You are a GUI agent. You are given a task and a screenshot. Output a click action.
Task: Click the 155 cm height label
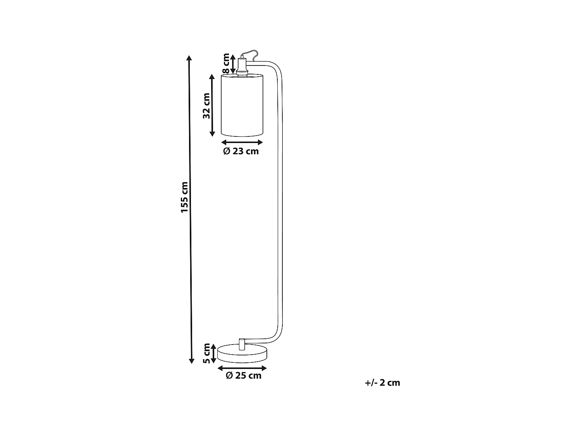click(x=184, y=197)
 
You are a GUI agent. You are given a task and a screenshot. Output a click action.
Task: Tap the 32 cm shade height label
click(x=206, y=105)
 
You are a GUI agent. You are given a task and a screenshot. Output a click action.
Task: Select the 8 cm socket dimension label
click(x=226, y=64)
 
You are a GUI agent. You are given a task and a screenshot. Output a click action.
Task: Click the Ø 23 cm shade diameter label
click(x=241, y=151)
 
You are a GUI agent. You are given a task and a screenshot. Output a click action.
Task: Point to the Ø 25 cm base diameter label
click(x=243, y=375)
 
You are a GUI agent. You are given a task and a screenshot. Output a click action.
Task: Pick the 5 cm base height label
click(x=206, y=353)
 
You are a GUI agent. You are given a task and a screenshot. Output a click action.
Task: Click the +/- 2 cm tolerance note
click(x=382, y=383)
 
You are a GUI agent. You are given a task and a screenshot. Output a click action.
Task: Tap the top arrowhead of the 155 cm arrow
click(x=189, y=58)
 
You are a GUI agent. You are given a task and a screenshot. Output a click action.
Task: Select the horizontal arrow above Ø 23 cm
click(x=242, y=142)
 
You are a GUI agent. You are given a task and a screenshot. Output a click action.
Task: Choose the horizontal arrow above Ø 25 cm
click(x=242, y=367)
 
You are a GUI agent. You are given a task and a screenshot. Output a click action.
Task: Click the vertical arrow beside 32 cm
click(x=212, y=105)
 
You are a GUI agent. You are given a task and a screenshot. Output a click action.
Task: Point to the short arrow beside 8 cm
click(x=233, y=64)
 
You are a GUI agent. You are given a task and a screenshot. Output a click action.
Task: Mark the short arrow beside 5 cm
click(x=213, y=353)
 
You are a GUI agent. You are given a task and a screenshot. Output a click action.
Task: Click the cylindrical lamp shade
click(x=242, y=105)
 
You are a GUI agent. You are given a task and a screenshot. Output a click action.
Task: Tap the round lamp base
click(x=242, y=353)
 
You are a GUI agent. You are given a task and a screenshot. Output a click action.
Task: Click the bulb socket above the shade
click(x=242, y=67)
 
